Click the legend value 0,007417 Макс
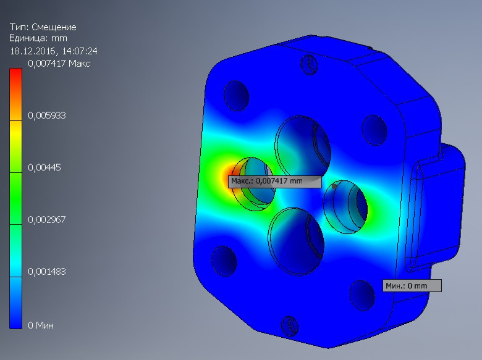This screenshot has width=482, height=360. click(59, 64)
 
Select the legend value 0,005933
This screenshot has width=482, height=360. click(47, 115)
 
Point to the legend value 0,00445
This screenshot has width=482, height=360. click(44, 167)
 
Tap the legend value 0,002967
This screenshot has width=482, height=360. click(47, 219)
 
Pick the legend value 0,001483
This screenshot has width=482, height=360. click(47, 271)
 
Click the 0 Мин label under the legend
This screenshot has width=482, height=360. click(41, 325)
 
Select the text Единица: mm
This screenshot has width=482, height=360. click(38, 38)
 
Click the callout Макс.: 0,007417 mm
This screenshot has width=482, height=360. click(275, 182)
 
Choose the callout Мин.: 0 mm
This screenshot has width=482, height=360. click(412, 285)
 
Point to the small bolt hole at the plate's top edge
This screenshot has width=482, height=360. click(308, 62)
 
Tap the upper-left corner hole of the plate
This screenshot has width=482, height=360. click(235, 96)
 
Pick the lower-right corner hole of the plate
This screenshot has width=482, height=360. click(360, 293)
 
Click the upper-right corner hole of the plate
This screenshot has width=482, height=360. click(373, 130)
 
